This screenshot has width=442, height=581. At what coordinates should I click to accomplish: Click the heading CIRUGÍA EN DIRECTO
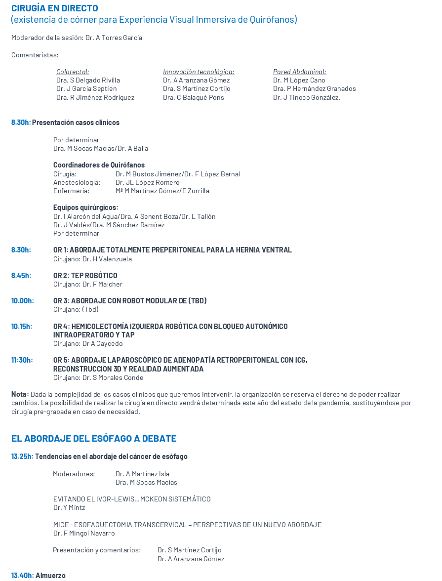(55, 8)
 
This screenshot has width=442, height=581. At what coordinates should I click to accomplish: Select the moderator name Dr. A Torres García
(114, 38)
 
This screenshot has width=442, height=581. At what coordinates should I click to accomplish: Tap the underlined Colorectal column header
(73, 72)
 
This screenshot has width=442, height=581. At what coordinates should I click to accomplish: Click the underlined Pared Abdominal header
(299, 72)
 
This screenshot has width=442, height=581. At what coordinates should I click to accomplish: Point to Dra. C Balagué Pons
(194, 97)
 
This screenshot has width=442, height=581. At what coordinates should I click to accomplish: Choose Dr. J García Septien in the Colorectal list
(86, 89)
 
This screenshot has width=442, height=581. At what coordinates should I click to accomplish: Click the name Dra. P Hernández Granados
(314, 89)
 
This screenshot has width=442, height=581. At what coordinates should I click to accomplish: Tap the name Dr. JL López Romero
(148, 182)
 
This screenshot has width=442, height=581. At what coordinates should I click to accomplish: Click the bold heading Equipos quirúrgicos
(86, 207)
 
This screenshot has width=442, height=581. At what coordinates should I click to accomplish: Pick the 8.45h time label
(21, 275)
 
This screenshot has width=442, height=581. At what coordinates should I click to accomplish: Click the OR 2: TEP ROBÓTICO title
(85, 275)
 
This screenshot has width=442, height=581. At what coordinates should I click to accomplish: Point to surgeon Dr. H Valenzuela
(107, 259)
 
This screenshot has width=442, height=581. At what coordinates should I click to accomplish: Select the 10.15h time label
(22, 326)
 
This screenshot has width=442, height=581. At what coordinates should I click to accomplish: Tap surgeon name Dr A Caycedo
(103, 343)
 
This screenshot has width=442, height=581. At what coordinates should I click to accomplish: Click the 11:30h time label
(22, 360)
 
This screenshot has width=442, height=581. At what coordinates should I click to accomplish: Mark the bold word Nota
(19, 394)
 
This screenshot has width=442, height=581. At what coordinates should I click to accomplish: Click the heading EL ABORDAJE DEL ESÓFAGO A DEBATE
(94, 438)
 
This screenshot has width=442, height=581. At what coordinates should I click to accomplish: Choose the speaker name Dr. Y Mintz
(69, 507)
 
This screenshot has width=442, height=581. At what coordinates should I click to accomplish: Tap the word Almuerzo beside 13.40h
(50, 575)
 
